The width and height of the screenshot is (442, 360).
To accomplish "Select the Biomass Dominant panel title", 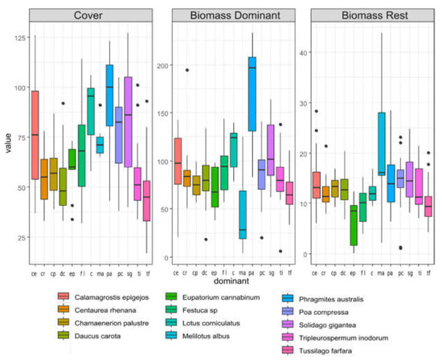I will pyautogui.click(x=222, y=15).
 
